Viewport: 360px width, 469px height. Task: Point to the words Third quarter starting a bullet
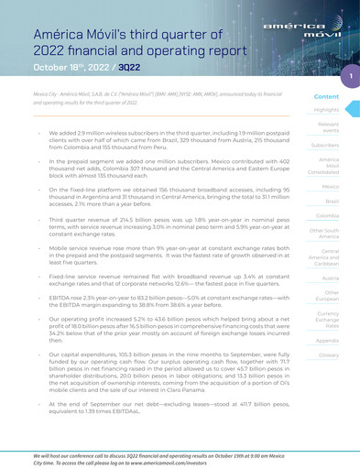tap(71, 221)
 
